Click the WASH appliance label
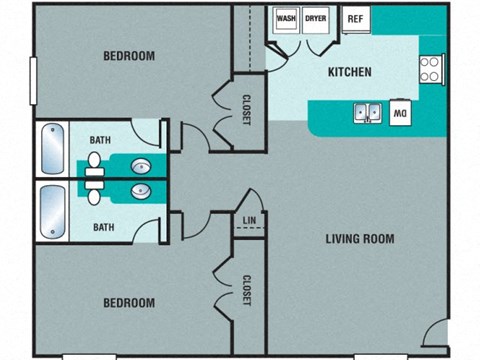[x=287, y=18]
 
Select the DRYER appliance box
[x=316, y=18]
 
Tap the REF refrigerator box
[x=355, y=19]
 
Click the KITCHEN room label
[x=350, y=72]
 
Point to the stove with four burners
[x=431, y=69]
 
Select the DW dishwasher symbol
[x=399, y=113]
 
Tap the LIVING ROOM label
[x=359, y=239]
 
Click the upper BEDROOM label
[x=129, y=56]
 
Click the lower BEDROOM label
[x=129, y=302]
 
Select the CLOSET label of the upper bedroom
[x=246, y=109]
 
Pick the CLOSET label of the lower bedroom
[x=246, y=290]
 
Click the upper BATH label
[x=101, y=140]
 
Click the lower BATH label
[x=104, y=227]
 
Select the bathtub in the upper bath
[x=52, y=149]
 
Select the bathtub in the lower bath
[x=52, y=211]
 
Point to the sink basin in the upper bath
[x=142, y=166]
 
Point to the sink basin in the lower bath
[x=142, y=190]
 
